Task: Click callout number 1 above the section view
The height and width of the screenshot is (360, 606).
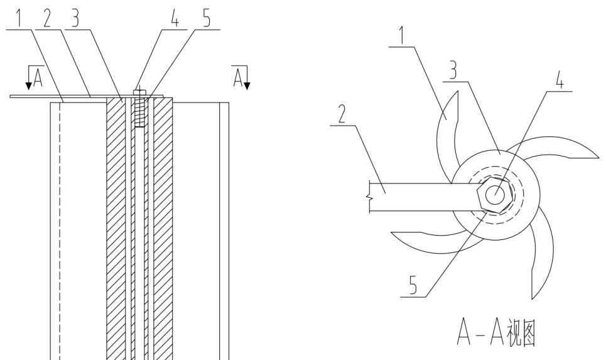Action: [19, 18]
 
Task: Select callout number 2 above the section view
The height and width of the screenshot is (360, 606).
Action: [46, 18]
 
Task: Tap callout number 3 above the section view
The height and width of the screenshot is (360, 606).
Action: [75, 18]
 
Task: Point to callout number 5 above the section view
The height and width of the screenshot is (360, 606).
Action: [207, 19]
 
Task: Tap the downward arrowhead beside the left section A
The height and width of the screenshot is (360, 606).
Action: [29, 85]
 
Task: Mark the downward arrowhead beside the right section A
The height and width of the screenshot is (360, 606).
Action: [247, 85]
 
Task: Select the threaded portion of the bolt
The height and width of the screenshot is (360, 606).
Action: [140, 112]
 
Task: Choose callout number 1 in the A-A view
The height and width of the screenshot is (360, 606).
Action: [403, 36]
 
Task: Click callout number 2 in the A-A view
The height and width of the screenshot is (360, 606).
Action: [342, 115]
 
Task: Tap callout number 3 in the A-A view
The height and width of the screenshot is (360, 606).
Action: [453, 71]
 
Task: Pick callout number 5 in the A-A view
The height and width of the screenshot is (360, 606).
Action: [413, 286]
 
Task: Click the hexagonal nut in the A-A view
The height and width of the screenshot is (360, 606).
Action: [495, 194]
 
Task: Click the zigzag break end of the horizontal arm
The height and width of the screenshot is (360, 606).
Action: [370, 197]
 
